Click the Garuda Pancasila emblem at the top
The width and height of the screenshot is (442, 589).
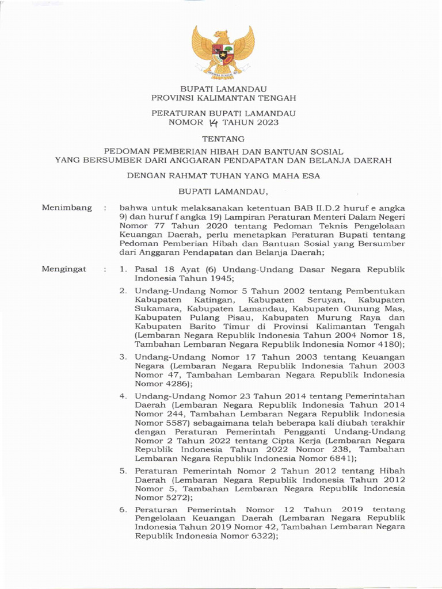click(223, 51)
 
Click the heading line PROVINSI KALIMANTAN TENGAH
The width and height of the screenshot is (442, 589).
click(223, 98)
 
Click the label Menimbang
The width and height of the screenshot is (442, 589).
click(66, 208)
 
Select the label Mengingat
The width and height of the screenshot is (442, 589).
click(64, 269)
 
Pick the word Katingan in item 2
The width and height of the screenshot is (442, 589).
click(214, 300)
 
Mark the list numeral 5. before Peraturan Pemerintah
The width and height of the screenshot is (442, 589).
click(123, 471)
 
